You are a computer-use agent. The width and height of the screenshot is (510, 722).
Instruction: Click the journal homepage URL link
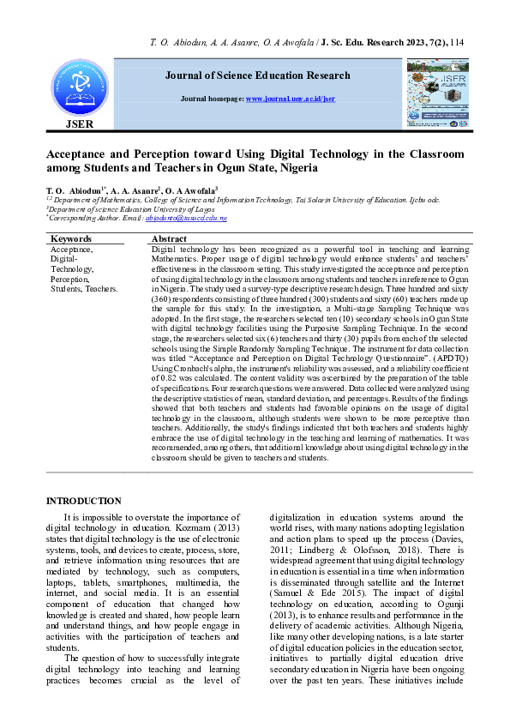[x=290, y=99]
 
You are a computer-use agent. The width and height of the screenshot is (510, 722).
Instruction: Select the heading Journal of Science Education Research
[x=258, y=75]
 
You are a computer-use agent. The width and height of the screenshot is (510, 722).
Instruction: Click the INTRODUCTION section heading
[x=83, y=501]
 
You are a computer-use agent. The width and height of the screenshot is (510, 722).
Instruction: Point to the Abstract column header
[x=169, y=238]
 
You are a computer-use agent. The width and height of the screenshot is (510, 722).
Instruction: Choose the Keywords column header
[x=71, y=238]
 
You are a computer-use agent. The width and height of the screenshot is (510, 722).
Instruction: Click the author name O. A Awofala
[x=192, y=190]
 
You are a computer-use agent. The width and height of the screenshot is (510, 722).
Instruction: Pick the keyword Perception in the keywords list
[x=70, y=279]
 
